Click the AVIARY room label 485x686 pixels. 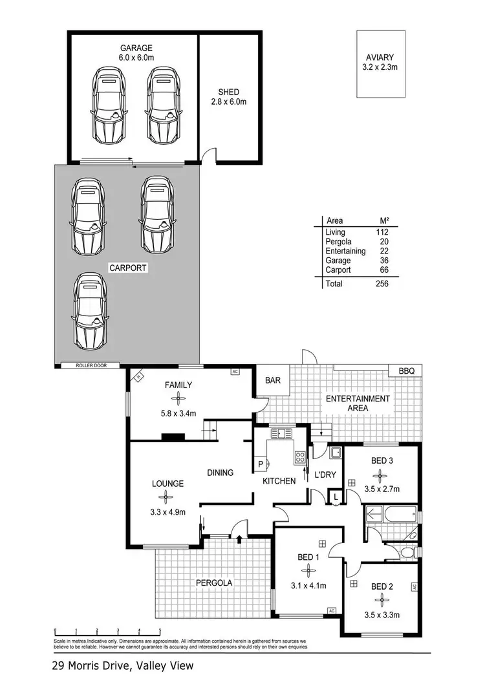pyautogui.click(x=382, y=57)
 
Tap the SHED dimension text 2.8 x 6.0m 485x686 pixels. pyautogui.click(x=230, y=102)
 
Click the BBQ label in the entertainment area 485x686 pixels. pyautogui.click(x=406, y=370)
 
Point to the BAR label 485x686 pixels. pyautogui.click(x=273, y=381)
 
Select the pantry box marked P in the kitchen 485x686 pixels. pyautogui.click(x=261, y=464)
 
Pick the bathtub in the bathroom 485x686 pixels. pyautogui.click(x=391, y=515)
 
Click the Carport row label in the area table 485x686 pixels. pyautogui.click(x=339, y=270)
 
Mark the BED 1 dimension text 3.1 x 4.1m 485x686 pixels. pyautogui.click(x=308, y=586)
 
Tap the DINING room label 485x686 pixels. pyautogui.click(x=220, y=473)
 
